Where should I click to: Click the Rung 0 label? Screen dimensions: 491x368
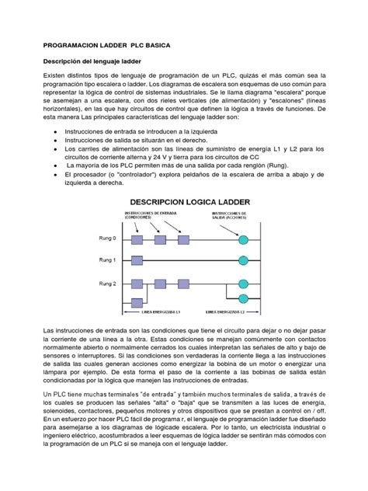coord(106,239)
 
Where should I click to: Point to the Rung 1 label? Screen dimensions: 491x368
coord(106,260)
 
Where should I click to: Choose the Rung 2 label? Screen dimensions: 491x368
coord(106,284)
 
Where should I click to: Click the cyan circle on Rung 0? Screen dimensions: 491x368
coord(243,239)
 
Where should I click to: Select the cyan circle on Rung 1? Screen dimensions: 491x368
coord(243,260)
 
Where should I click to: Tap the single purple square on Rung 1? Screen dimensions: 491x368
coord(137,260)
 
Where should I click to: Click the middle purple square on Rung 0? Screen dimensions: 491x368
coord(160,239)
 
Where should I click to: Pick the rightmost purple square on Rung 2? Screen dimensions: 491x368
coord(182,284)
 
